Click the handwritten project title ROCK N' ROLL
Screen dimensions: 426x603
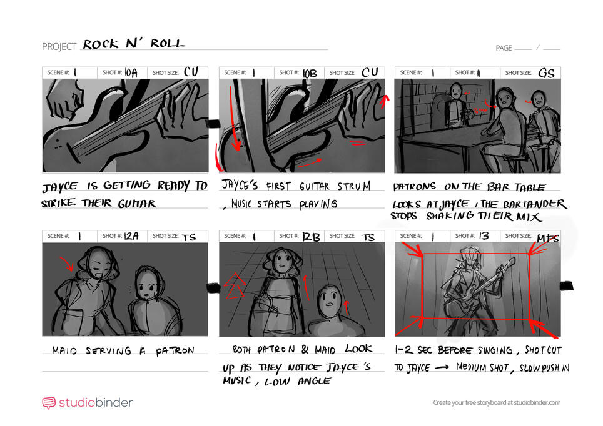[x=134, y=44]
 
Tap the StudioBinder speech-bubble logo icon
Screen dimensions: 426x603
[x=49, y=403]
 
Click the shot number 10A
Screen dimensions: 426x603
[x=131, y=72]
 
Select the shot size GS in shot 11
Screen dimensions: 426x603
[x=546, y=72]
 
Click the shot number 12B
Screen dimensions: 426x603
[x=309, y=236]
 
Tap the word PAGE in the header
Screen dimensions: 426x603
[x=504, y=48]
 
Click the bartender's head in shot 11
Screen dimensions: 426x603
[x=456, y=91]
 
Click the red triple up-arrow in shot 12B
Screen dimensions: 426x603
[x=235, y=287]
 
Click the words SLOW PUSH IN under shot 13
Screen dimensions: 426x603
[x=542, y=367]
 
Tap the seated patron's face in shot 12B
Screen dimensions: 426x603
[x=328, y=302]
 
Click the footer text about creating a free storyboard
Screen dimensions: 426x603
[x=497, y=403]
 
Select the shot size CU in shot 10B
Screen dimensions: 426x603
[x=370, y=72]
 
